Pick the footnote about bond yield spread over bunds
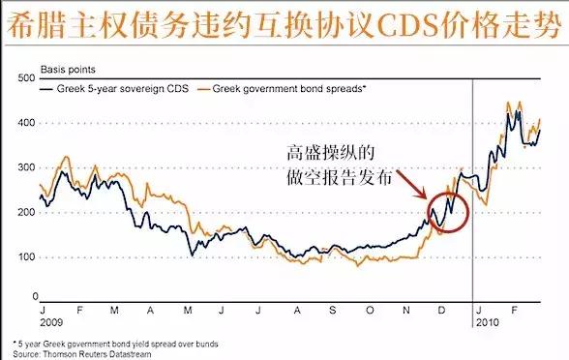point(115,344)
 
